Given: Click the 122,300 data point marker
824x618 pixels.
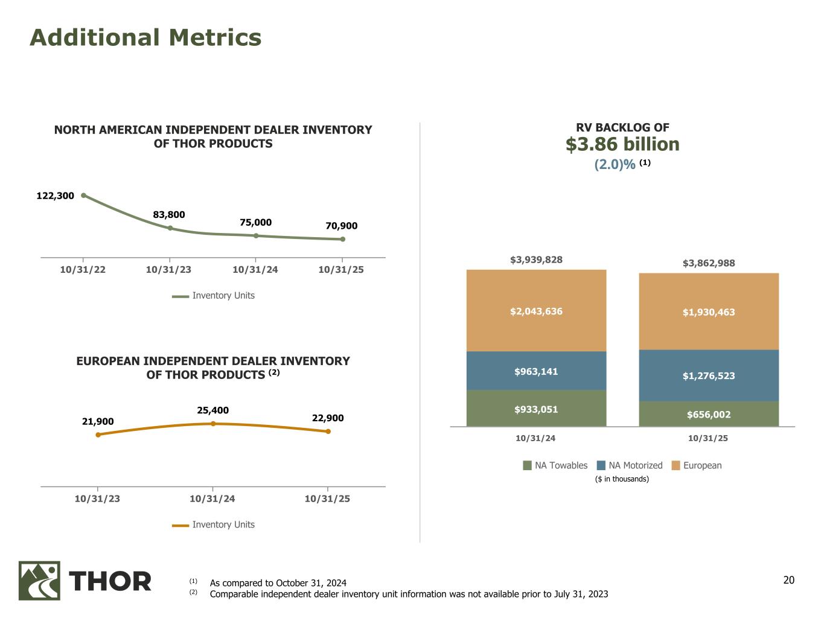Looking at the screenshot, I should point(83,195).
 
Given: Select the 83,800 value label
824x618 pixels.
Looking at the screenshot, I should point(169,215).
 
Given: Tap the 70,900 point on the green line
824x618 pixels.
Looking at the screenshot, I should point(342,239).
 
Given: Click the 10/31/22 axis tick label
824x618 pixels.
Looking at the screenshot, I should point(83,270).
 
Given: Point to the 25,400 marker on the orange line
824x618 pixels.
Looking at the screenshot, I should point(213,424).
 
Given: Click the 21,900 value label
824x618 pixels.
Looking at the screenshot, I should point(98,421).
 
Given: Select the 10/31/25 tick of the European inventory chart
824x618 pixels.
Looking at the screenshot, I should point(327,499).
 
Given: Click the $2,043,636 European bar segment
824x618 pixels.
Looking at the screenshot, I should point(536,311).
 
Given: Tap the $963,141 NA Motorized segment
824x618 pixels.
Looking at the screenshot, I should point(536,371).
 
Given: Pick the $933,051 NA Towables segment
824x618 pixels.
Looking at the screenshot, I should point(536,409).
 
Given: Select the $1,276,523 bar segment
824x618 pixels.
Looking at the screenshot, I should point(709,375).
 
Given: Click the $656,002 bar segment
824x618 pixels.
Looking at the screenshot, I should point(709,415).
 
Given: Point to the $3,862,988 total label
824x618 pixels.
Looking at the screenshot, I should point(709,263).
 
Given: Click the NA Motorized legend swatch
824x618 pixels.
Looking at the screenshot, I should point(601,465).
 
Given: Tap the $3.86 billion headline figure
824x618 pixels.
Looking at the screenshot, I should point(622,144).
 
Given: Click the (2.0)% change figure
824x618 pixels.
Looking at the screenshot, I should point(615,164).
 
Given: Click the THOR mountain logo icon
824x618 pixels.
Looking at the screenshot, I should point(39,581).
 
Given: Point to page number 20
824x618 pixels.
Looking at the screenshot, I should point(789,581).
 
